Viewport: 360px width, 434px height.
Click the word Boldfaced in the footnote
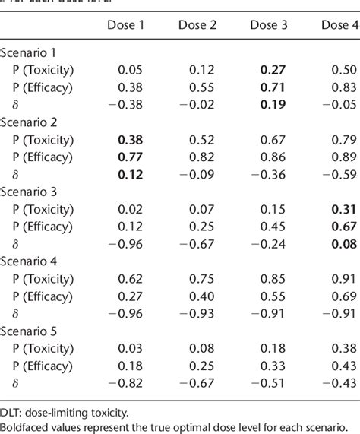point(27,427)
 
